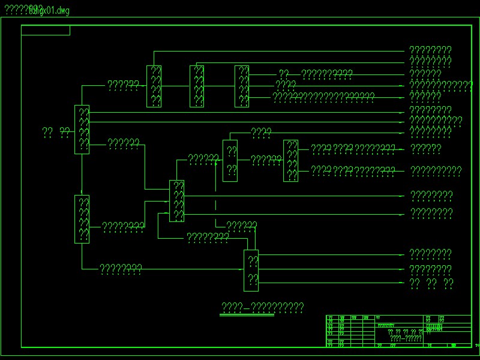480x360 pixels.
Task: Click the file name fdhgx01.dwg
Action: click(52, 11)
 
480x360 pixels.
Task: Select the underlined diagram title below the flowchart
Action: click(263, 309)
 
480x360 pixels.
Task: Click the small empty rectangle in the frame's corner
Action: click(46, 31)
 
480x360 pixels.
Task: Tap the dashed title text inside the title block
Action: click(406, 338)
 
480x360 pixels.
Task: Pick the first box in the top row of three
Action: click(154, 86)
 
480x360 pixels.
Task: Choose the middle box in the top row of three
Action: click(197, 86)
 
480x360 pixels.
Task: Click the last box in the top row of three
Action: click(242, 86)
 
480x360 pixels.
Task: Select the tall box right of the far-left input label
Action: click(82, 130)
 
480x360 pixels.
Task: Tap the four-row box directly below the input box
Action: click(82, 219)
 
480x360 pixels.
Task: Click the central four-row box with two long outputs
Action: click(177, 201)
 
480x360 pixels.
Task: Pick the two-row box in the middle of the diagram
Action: click(230, 160)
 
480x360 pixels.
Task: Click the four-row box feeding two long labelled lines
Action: click(291, 161)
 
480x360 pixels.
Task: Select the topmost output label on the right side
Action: click(430, 50)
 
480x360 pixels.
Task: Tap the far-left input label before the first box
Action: click(56, 132)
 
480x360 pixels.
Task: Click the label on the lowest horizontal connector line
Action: click(121, 269)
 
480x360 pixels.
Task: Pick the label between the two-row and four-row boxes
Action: click(266, 160)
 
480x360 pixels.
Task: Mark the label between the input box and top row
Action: click(124, 85)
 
